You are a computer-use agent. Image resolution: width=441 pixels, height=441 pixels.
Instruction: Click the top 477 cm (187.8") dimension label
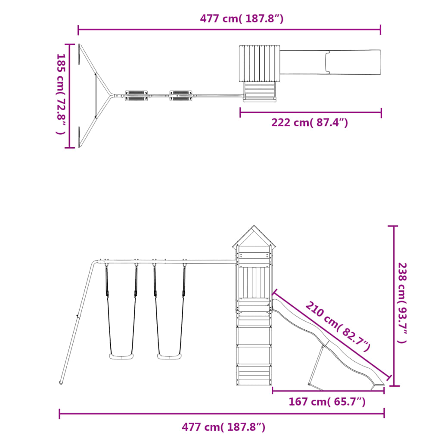click(242, 19)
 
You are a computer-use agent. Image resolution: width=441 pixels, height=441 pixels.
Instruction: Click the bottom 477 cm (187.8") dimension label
click(223, 427)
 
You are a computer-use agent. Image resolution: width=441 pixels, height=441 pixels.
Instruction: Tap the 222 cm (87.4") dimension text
click(309, 123)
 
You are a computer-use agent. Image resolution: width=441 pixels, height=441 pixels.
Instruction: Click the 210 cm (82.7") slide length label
click(339, 326)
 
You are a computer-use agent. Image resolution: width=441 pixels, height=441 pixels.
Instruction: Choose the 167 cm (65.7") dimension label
click(327, 402)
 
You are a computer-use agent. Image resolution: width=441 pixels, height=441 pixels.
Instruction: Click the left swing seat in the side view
click(121, 356)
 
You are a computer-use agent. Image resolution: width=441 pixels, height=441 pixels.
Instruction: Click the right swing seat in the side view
click(169, 356)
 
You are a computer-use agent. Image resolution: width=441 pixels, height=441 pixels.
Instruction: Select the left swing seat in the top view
click(136, 95)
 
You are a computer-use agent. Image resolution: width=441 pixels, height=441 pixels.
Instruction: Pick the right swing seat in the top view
click(181, 95)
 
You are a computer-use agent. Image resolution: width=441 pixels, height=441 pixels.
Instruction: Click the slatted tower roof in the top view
click(259, 63)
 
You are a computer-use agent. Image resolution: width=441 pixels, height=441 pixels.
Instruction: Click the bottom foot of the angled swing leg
click(61, 382)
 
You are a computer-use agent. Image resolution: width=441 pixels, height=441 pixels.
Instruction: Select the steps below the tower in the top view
click(259, 91)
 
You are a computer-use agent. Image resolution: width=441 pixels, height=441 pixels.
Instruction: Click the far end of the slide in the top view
click(375, 62)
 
